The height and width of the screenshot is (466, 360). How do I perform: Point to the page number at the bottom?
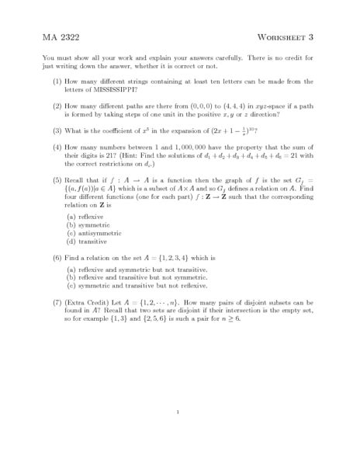point(179,412)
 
